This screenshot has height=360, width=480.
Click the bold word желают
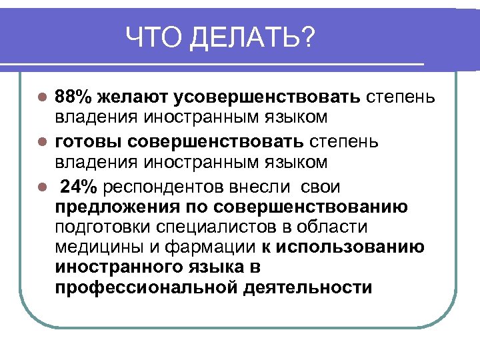[x=132, y=98]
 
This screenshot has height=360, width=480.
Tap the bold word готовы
[x=88, y=142]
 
